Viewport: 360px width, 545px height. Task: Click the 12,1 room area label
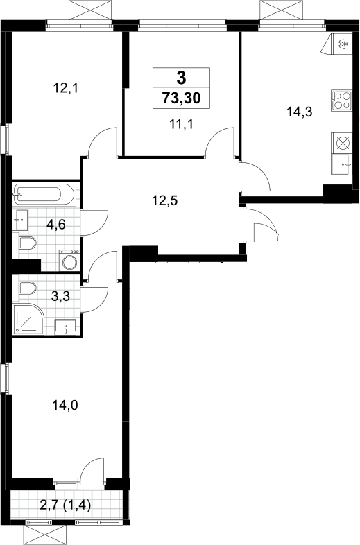point(65,88)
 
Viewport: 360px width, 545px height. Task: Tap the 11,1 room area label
point(181,123)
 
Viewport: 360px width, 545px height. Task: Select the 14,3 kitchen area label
point(300,112)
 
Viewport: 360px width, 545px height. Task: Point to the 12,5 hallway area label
point(165,200)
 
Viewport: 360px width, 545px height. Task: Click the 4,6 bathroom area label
point(56,225)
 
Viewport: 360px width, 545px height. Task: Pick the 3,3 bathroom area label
point(60,297)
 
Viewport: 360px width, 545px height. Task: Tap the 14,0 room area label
point(65,404)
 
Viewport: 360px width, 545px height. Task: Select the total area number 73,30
point(181,98)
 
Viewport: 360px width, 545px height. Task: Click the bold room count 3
point(181,78)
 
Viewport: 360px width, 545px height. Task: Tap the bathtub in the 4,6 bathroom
point(44,194)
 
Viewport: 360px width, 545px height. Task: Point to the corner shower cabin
point(28,319)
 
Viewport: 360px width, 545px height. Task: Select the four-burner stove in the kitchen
point(341,101)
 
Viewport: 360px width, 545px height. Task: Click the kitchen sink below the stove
point(341,166)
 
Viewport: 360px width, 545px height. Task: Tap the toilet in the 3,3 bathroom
point(27,288)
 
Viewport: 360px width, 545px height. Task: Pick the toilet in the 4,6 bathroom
point(26,243)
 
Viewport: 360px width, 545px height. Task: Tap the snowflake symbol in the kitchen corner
point(342,44)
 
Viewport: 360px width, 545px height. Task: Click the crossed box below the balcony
point(44,535)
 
